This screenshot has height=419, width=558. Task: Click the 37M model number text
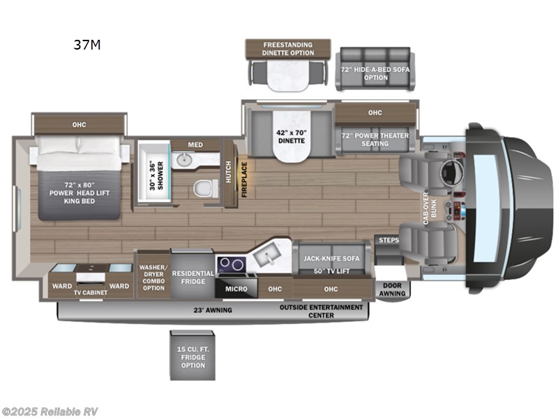coord(87,46)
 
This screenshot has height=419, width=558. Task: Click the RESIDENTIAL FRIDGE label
coord(192,277)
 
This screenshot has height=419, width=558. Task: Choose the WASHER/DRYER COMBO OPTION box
coord(153,277)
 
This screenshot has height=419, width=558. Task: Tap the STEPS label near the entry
coord(389,240)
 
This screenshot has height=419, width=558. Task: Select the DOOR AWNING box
coord(391,289)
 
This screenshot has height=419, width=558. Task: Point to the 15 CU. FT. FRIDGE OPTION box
coord(193,355)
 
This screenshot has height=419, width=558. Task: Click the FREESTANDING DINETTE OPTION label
coord(287,49)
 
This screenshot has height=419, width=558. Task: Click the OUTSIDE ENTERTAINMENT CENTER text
coord(321,311)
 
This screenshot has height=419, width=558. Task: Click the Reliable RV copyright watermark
coord(50,411)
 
